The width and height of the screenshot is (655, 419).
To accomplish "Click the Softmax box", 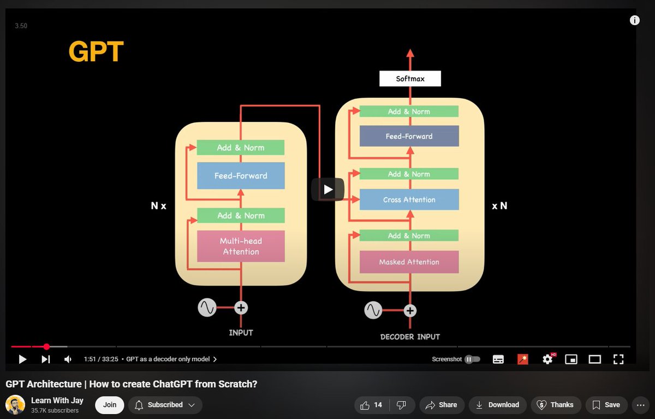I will click(410, 79).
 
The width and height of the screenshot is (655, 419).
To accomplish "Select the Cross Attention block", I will click(409, 200).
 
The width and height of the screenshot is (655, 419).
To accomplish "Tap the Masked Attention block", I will click(409, 262).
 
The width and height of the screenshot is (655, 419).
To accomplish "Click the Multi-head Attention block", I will click(241, 246).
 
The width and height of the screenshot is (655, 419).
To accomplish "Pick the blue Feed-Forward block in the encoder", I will click(241, 176).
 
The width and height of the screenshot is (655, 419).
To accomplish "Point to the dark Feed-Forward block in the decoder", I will click(409, 137).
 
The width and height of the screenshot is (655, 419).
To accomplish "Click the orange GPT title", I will click(96, 52).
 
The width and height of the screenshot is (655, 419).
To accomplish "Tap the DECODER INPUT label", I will click(410, 337).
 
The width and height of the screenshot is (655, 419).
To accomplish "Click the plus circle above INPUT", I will click(241, 308).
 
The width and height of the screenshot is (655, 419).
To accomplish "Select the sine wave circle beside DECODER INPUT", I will click(373, 310).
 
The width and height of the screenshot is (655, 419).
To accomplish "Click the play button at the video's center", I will click(327, 190).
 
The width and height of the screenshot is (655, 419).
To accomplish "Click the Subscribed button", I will click(164, 405).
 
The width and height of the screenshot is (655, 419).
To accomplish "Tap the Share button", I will click(441, 405).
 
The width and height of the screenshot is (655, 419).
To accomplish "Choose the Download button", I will click(497, 405).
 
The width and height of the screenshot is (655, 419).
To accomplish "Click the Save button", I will click(606, 405).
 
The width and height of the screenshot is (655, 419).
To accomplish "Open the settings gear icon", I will click(547, 359).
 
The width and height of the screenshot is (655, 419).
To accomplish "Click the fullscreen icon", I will click(618, 359).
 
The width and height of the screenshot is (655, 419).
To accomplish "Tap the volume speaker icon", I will click(68, 359).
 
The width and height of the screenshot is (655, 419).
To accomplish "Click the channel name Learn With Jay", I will click(57, 400).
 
